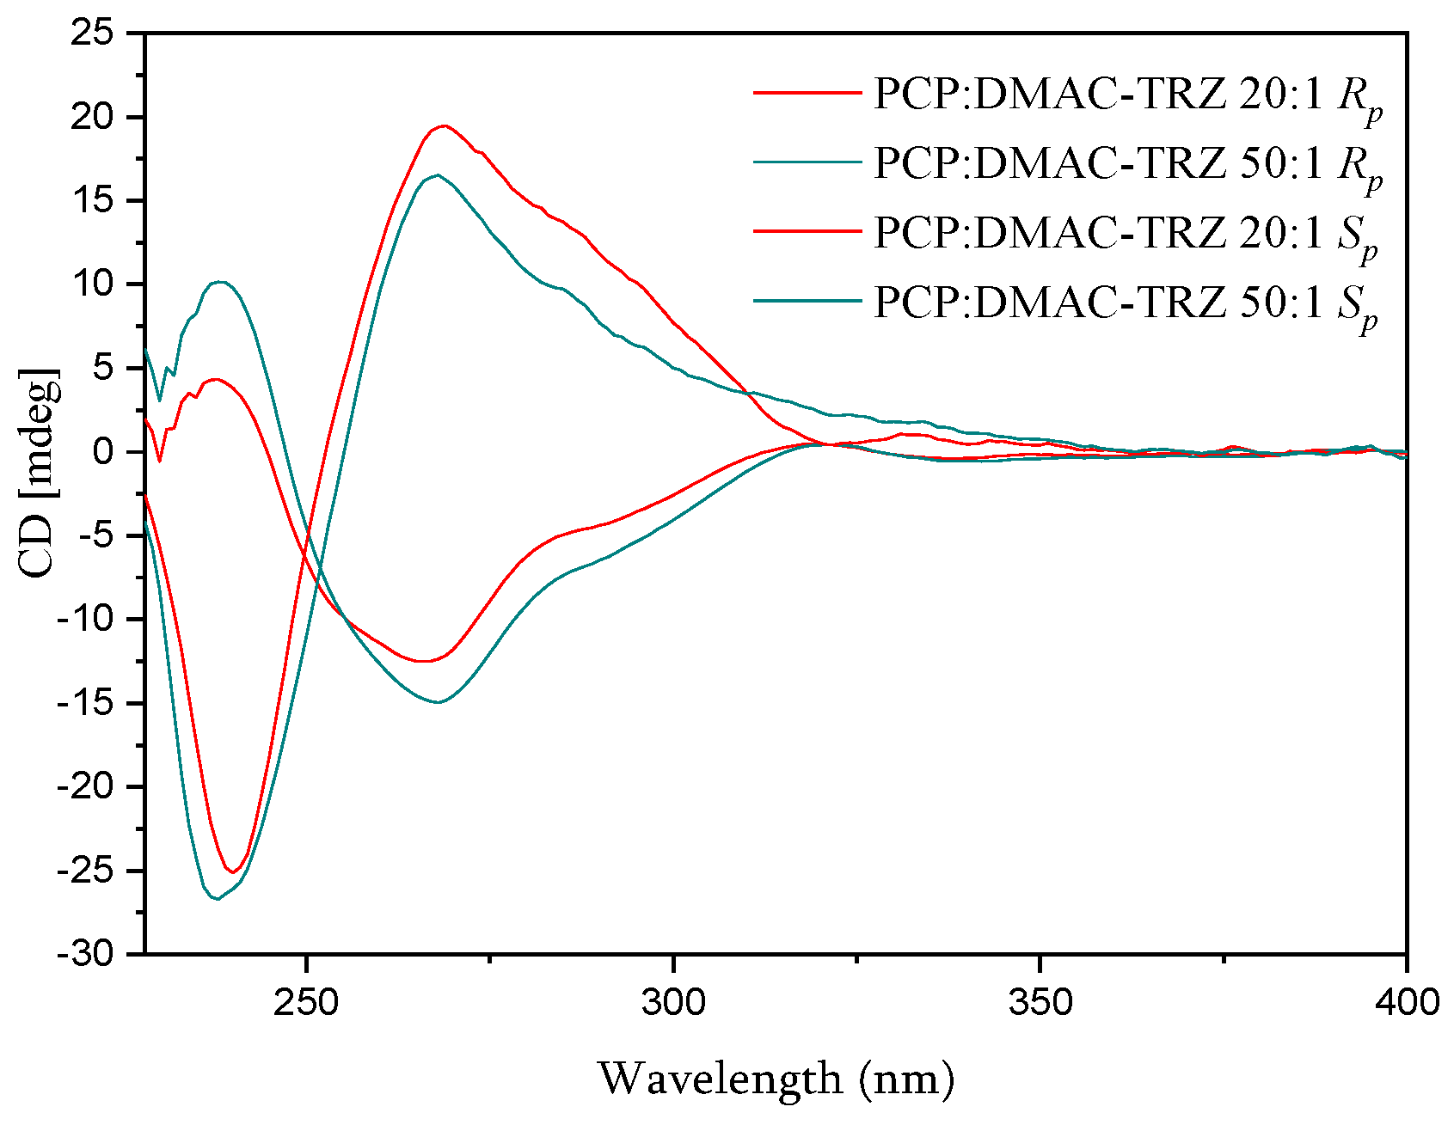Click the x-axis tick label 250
coord(305,1002)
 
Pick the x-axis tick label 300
coord(673,1002)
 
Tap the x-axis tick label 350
coord(1040,1002)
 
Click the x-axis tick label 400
coord(1406,1002)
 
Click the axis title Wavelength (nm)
coord(776,1079)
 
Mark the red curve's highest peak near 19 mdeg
coord(443,126)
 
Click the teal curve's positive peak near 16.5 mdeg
coord(437,175)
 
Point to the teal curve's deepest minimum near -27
coord(218,898)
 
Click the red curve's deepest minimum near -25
coord(233,872)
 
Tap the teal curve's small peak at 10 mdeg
coord(220,282)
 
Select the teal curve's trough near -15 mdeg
coord(438,702)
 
